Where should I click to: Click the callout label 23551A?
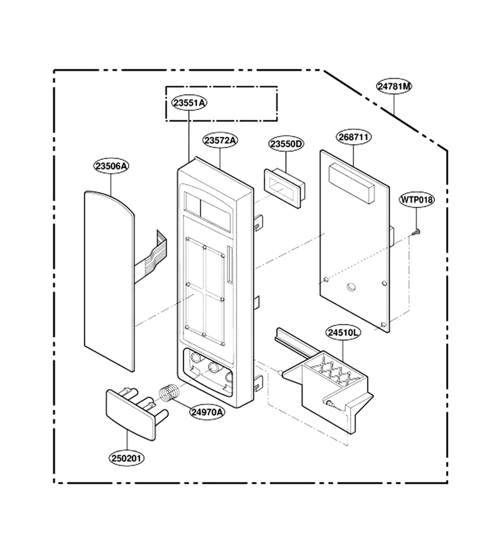pos(190,103)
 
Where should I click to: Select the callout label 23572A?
pos(220,141)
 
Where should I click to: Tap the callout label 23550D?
pos(286,144)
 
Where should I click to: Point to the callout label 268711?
pos(354,137)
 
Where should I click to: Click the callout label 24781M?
pos(395,86)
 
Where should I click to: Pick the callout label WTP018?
pos(416,199)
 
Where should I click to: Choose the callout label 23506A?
pos(111,166)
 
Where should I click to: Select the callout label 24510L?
pos(343,333)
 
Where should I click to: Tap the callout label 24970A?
pos(207,412)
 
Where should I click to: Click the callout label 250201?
pos(127,458)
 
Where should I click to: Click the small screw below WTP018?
pos(416,232)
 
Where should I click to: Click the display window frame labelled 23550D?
pos(284,188)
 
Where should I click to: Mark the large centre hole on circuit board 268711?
pos(351,286)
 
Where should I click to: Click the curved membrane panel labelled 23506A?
pos(110,281)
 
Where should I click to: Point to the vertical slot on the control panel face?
pos(229,264)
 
